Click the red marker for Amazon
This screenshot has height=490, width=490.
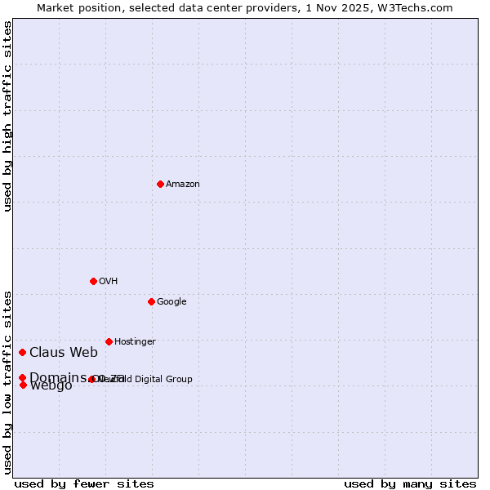pos(160,184)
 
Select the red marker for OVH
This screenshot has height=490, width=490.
pos(93,281)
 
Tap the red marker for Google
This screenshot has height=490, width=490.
pos(151,301)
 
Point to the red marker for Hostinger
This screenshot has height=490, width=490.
pos(109,341)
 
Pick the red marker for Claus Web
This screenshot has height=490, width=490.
pos(23,352)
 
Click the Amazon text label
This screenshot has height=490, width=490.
pos(183,185)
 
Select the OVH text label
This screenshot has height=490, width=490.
pos(109,282)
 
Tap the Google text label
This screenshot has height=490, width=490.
pos(171,302)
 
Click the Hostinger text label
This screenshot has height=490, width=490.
pos(135,342)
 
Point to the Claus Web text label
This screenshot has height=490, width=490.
pos(64,353)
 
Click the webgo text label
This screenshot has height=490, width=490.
pos(51,386)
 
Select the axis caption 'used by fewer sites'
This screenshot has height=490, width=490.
pos(84,484)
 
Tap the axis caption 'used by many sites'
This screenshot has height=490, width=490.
pos(410,484)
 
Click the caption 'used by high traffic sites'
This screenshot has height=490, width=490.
pos(8,116)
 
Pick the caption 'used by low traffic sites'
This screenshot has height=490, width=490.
pos(8,381)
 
